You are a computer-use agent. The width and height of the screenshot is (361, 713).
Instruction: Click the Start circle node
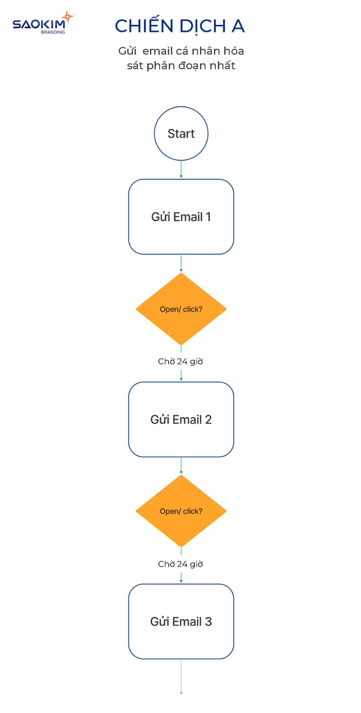tap(181, 133)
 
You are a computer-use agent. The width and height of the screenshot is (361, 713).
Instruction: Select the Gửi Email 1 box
tap(181, 217)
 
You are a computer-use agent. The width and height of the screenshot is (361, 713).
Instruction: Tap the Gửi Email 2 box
tap(181, 419)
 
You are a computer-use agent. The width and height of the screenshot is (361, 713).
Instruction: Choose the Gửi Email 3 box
tap(181, 621)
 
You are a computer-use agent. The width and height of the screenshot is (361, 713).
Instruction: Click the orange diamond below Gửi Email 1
tap(181, 309)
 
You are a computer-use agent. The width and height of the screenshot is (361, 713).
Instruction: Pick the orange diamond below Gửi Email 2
tap(181, 511)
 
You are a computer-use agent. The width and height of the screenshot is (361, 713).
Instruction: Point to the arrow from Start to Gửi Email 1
tap(181, 170)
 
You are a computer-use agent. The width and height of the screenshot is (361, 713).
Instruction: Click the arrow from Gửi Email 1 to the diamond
tap(181, 263)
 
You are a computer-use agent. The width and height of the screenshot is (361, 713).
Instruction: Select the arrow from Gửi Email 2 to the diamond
tap(181, 466)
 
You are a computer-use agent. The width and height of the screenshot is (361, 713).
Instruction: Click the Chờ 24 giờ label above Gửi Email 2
tap(180, 361)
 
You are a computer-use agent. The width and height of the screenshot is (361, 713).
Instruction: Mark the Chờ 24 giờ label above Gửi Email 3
tap(180, 564)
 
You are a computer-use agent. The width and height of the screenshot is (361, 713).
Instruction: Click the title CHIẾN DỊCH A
tap(180, 26)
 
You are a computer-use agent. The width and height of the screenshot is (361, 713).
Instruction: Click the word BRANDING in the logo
tap(53, 32)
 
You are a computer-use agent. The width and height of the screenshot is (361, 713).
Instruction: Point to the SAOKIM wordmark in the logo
tap(39, 24)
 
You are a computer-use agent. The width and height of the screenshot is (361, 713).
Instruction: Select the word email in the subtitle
tap(157, 51)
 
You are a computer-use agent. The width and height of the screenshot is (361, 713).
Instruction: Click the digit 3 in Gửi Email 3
tap(208, 621)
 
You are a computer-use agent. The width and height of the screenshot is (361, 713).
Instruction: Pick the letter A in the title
tap(238, 26)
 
